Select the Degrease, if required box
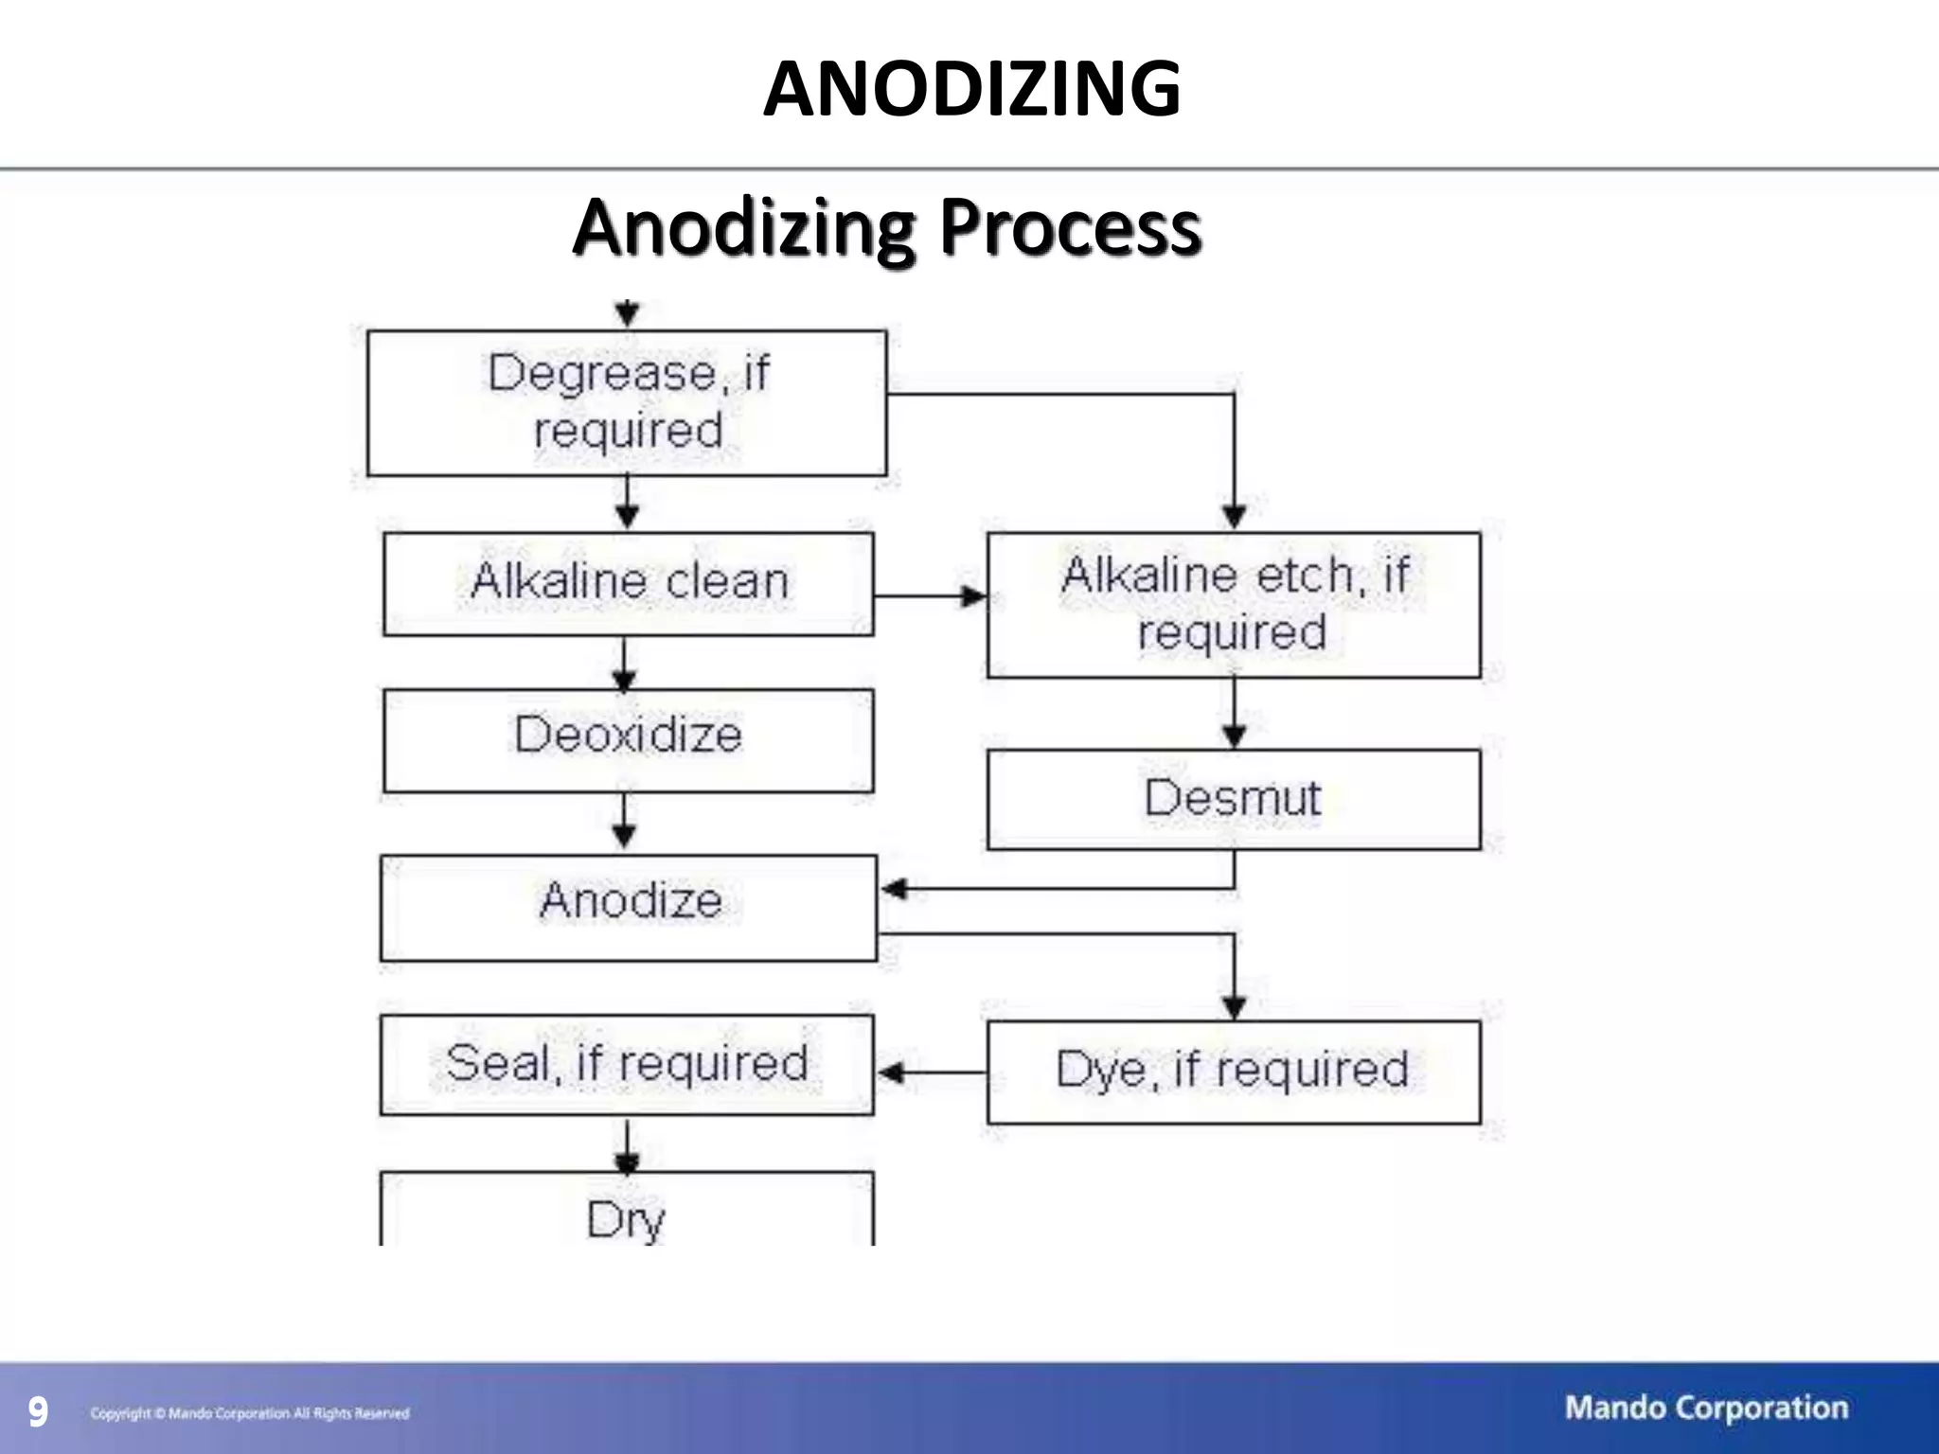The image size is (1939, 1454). coord(627,402)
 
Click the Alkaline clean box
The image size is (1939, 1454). coord(629,583)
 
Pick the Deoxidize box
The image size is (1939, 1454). coord(629,739)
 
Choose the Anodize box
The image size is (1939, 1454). coord(629,907)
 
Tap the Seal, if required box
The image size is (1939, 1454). coord(627,1064)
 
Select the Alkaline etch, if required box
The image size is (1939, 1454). coord(1233,605)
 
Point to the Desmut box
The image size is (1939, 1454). coord(1233,799)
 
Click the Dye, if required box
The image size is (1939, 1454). coord(1233,1072)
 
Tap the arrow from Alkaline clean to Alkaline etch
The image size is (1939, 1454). coord(930,596)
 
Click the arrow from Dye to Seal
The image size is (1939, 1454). coord(930,1073)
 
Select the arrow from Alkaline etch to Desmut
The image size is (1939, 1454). coord(1234,714)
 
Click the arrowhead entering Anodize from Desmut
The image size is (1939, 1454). coord(894,889)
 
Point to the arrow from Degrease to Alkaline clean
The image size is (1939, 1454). coord(627,503)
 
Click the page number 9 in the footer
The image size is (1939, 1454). coord(37,1412)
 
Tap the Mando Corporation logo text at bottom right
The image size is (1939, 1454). coord(1706,1408)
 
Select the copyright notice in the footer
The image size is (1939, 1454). coord(250,1413)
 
